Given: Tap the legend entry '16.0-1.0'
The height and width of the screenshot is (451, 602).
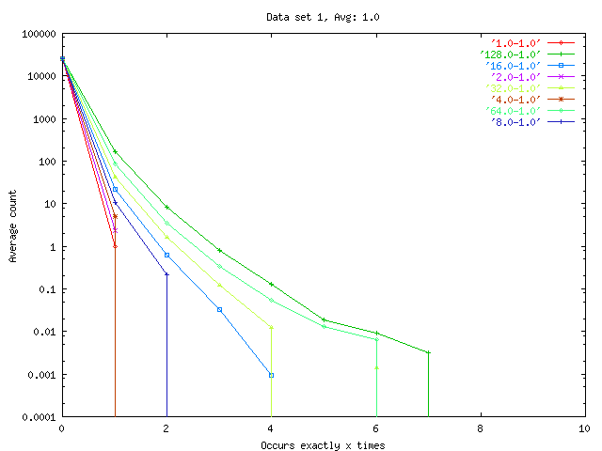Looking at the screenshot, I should (x=513, y=66).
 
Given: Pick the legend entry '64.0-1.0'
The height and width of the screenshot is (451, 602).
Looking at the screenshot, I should (x=513, y=111).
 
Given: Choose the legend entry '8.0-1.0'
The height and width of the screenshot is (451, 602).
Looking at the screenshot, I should (x=515, y=122).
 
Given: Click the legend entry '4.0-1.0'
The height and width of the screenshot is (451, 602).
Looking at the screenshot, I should (x=515, y=100).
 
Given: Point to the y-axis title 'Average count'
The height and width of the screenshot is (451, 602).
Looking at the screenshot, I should (x=13, y=225).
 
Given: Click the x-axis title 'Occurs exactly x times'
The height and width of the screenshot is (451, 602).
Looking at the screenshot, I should (x=323, y=444).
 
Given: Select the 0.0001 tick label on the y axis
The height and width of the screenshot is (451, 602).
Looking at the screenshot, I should (x=36, y=417).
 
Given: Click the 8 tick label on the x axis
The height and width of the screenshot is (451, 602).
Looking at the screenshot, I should (x=481, y=428).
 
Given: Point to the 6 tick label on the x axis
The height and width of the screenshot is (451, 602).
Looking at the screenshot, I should (x=376, y=428).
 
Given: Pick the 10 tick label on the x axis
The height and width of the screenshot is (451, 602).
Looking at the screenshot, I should (x=585, y=428).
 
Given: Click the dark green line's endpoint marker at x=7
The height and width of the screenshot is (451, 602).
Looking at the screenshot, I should (x=428, y=352).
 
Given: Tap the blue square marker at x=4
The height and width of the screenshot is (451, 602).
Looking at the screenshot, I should (x=271, y=375).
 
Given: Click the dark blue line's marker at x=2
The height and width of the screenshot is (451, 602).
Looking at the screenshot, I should (x=166, y=274).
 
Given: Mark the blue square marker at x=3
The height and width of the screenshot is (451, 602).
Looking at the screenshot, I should (x=219, y=309).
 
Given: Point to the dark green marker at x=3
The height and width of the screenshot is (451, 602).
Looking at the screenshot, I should (x=219, y=251).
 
